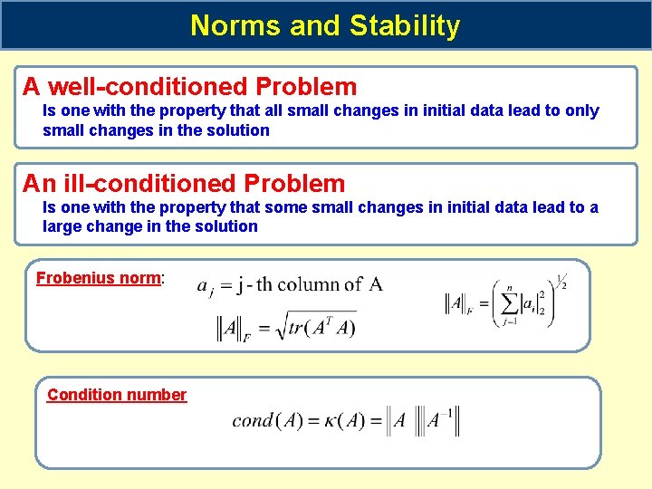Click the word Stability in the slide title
pos(402,25)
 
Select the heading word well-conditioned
pos(149,87)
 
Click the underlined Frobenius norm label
pos(98,278)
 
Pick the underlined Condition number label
pos(117,395)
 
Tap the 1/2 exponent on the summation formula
pos(561,282)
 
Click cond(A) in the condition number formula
pos(267,421)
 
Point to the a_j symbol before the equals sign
pos(206,286)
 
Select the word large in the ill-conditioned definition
pos(62,226)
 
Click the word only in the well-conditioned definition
pos(580,110)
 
